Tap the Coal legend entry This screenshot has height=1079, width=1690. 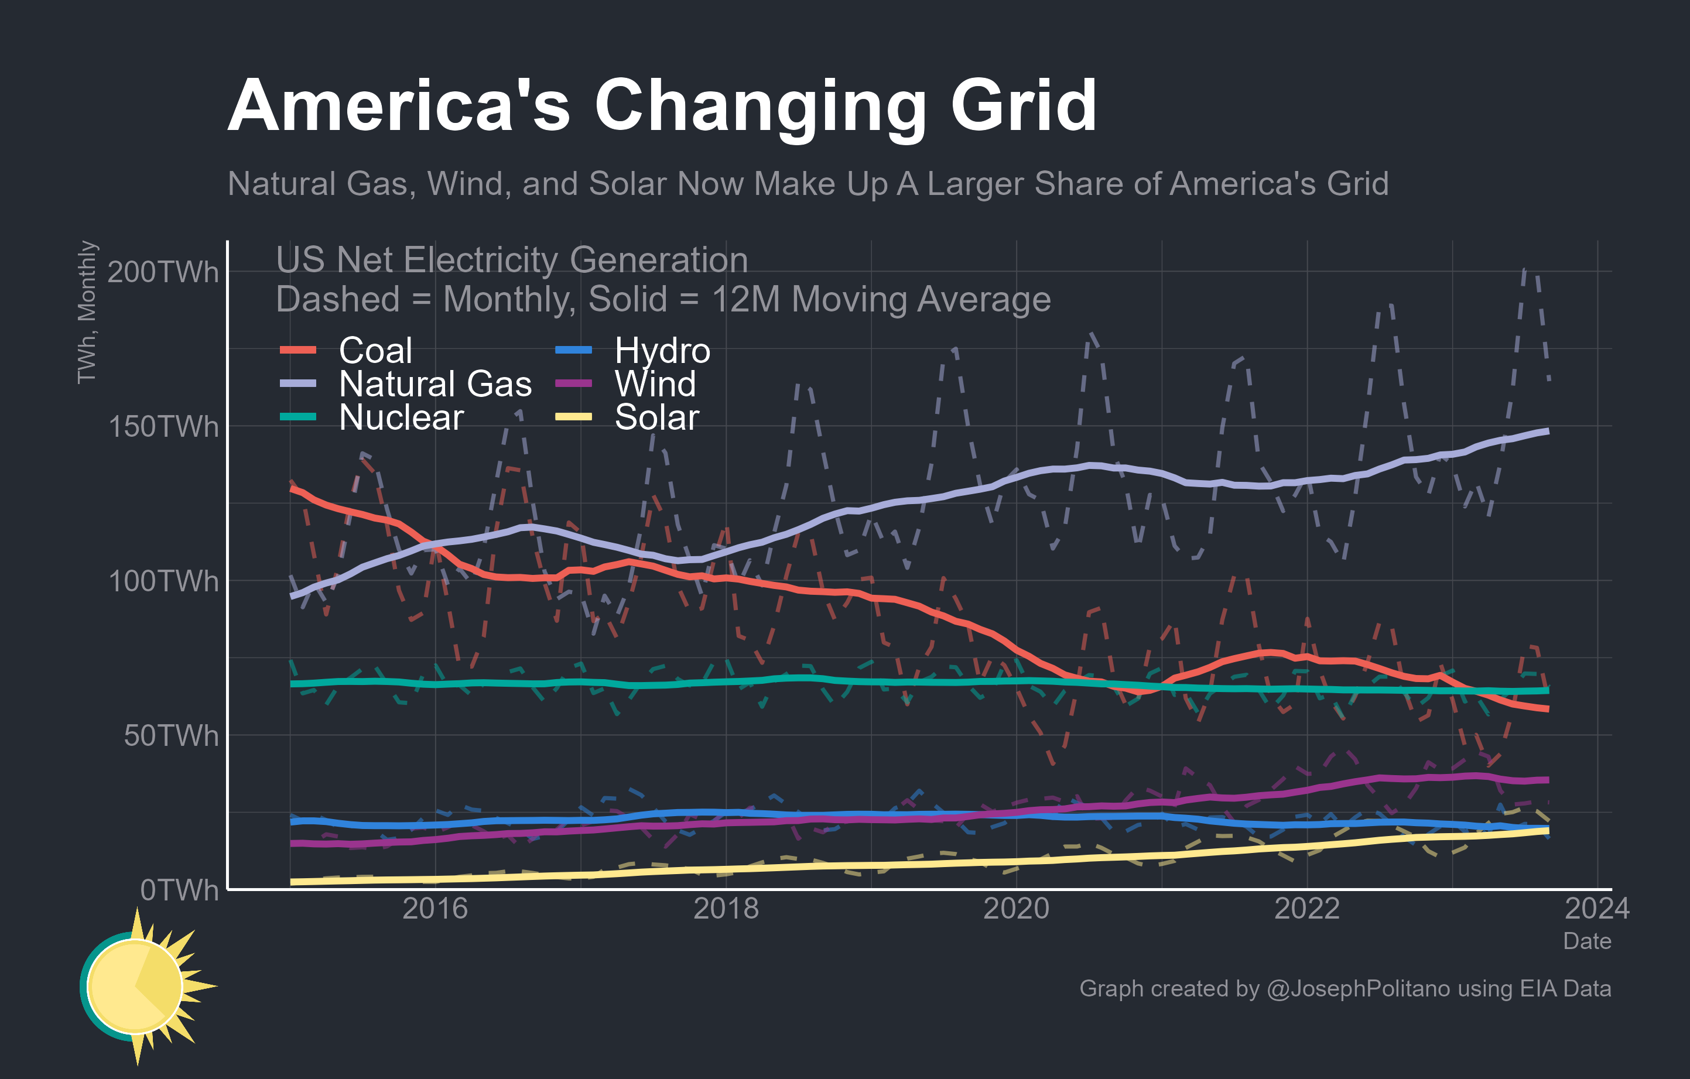(375, 350)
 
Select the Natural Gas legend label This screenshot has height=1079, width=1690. (435, 383)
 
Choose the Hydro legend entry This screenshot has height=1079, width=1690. (662, 350)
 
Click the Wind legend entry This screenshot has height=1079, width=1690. (655, 383)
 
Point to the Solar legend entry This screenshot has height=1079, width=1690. (656, 417)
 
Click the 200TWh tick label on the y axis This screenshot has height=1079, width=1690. (163, 272)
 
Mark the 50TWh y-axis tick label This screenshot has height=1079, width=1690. (170, 736)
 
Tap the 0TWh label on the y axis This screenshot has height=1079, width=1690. (179, 890)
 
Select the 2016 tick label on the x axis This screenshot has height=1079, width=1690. (435, 909)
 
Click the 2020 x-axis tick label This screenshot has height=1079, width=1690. (1015, 909)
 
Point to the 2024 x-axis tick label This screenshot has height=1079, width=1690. (1597, 909)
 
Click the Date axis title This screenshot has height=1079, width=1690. (1587, 941)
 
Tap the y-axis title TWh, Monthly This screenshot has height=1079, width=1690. (87, 312)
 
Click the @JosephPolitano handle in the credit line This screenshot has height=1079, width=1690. (1357, 988)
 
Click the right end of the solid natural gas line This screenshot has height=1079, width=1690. (1547, 431)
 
